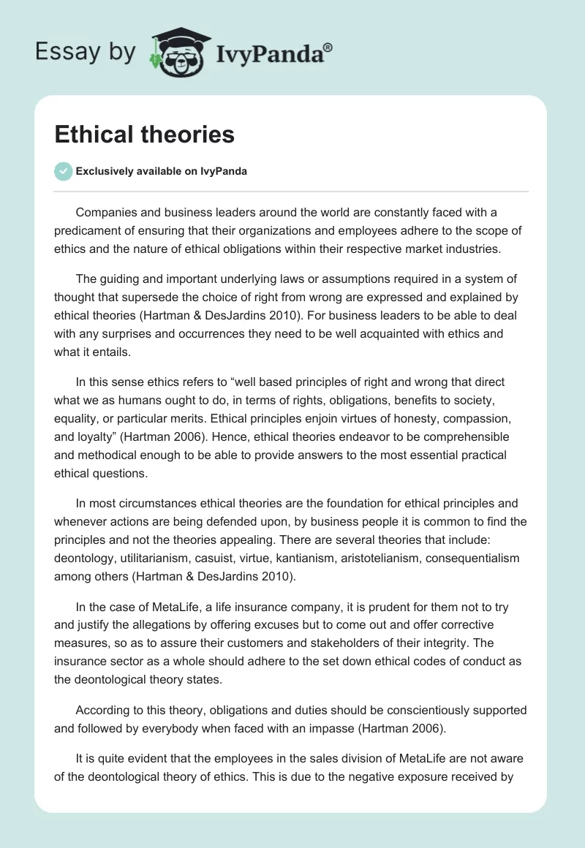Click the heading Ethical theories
pyautogui.click(x=144, y=135)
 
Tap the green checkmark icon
pyautogui.click(x=63, y=171)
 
